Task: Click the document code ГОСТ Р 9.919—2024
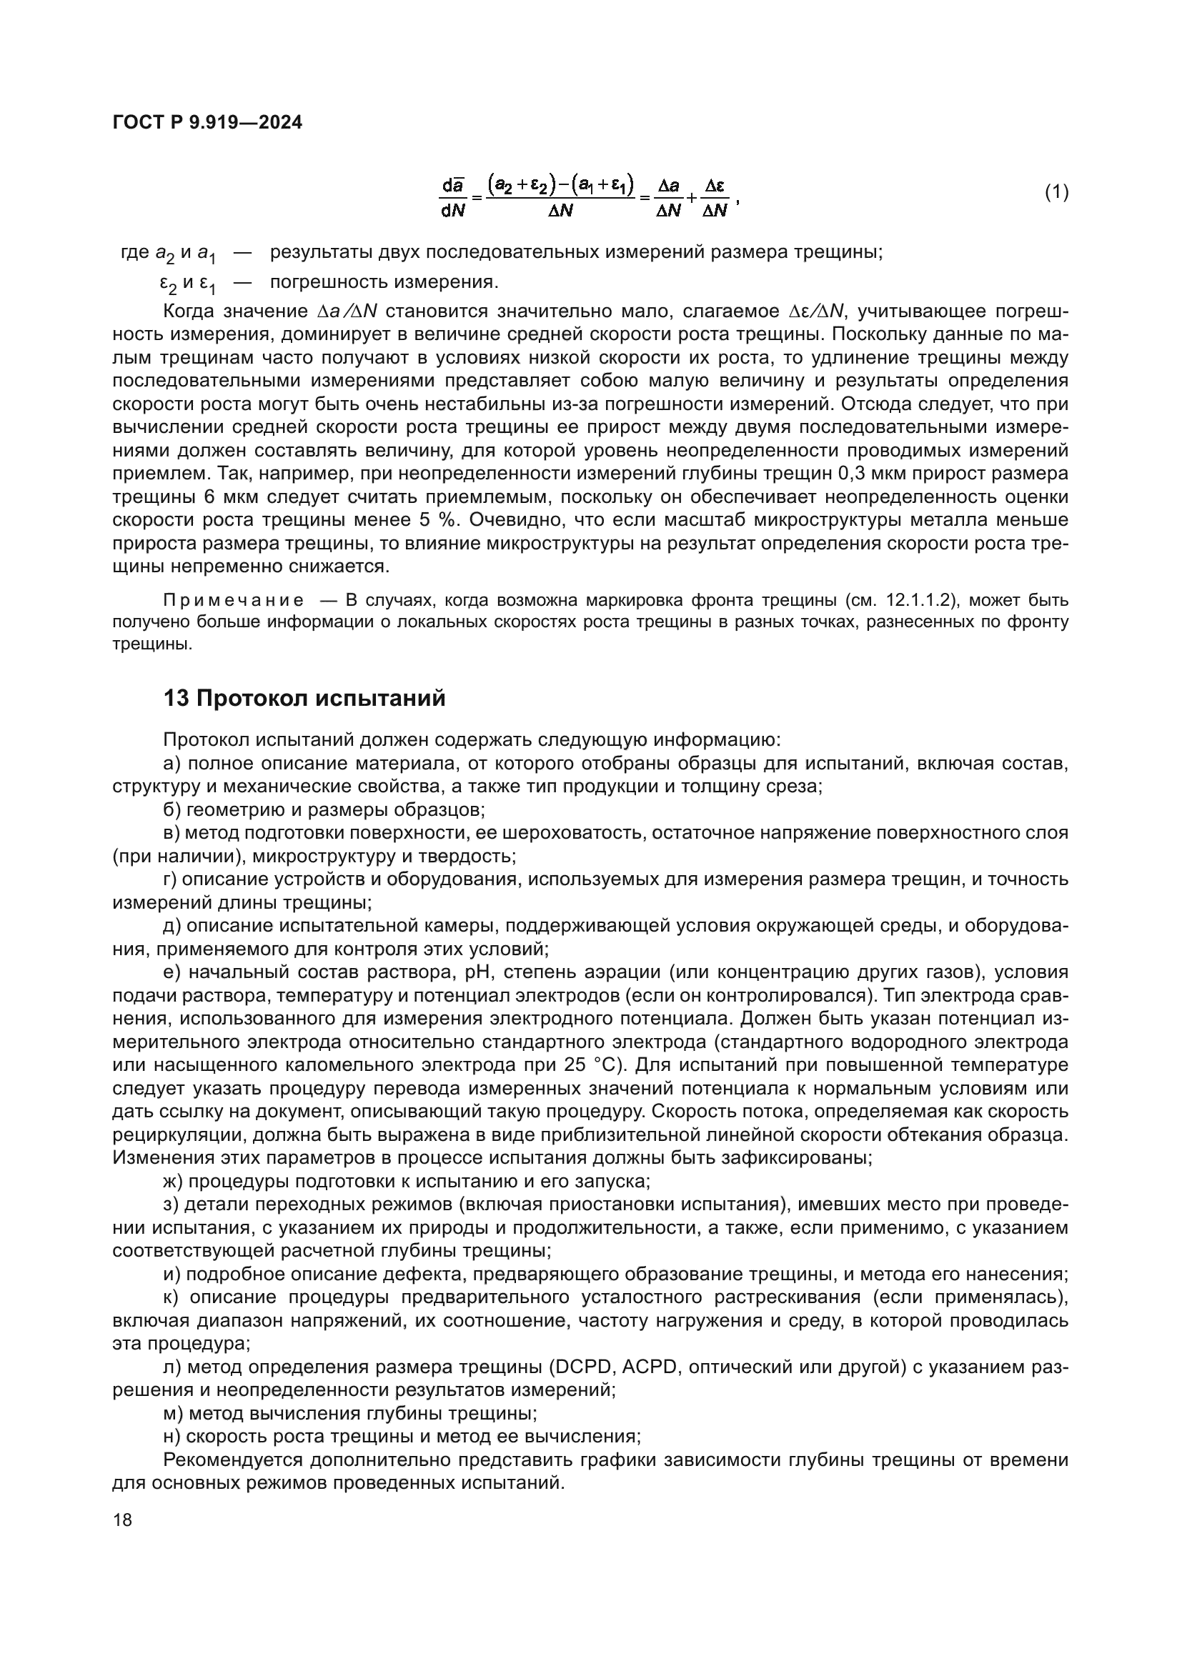click(207, 123)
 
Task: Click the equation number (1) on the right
click(1057, 192)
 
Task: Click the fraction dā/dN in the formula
click(452, 198)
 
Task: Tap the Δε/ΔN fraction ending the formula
click(715, 198)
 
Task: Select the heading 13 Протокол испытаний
click(304, 699)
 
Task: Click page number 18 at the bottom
click(123, 1520)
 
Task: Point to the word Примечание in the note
click(234, 600)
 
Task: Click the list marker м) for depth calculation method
click(173, 1413)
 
